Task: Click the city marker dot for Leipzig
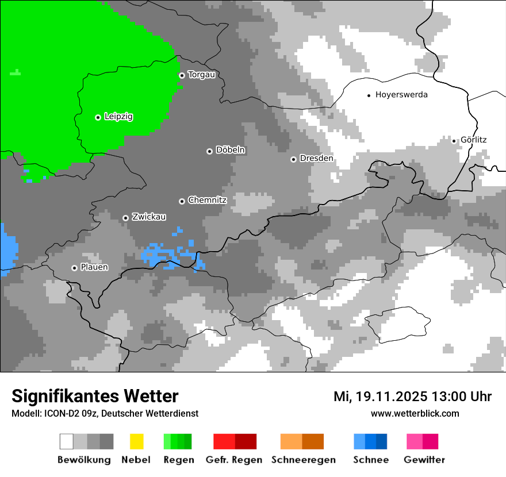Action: pyautogui.click(x=98, y=117)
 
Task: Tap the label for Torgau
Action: pyautogui.click(x=201, y=75)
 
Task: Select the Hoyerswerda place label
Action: pyautogui.click(x=401, y=95)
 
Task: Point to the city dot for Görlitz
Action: pyautogui.click(x=454, y=141)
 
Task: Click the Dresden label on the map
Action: pyautogui.click(x=316, y=159)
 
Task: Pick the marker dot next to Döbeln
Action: pyautogui.click(x=209, y=151)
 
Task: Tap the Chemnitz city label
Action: pyautogui.click(x=207, y=201)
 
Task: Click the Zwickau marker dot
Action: pyautogui.click(x=125, y=218)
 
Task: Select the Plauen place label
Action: pyautogui.click(x=94, y=268)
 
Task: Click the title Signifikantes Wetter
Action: pyautogui.click(x=95, y=396)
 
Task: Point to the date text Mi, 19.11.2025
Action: pyautogui.click(x=379, y=397)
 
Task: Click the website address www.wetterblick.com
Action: pyautogui.click(x=415, y=413)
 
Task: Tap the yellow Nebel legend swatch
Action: pyautogui.click(x=136, y=441)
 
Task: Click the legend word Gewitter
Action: pyautogui.click(x=424, y=460)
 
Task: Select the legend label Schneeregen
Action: pyautogui.click(x=303, y=460)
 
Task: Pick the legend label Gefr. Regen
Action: pyautogui.click(x=233, y=460)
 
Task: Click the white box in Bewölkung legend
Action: pyautogui.click(x=67, y=441)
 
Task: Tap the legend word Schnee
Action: pyautogui.click(x=371, y=460)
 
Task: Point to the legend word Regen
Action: pyautogui.click(x=178, y=460)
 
